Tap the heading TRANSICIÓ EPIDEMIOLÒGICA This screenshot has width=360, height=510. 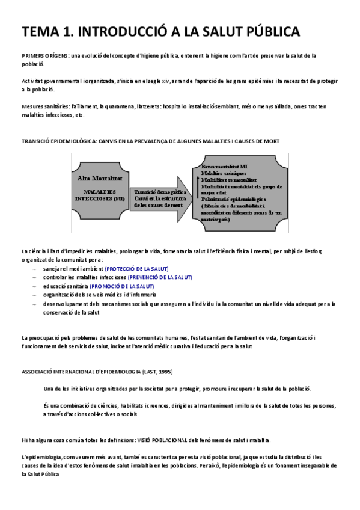pos(60,140)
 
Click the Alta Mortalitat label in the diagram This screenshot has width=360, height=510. pos(100,178)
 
